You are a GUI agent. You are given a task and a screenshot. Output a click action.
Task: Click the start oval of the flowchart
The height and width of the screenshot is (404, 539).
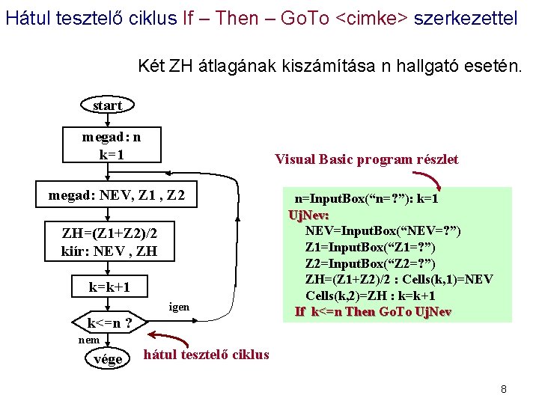[107, 105]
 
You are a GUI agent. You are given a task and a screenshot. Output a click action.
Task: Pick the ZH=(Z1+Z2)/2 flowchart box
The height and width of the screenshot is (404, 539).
[109, 242]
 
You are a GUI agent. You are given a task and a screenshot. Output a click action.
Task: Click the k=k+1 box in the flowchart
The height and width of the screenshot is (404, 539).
[109, 287]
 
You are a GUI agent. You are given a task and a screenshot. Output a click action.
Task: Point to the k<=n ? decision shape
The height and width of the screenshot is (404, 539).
[110, 324]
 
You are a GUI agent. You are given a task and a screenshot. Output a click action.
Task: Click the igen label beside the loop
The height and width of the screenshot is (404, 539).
[179, 307]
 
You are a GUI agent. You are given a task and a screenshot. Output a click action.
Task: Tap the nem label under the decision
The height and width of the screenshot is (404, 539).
[89, 340]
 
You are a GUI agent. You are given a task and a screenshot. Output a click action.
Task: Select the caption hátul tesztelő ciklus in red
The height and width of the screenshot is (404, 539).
[206, 355]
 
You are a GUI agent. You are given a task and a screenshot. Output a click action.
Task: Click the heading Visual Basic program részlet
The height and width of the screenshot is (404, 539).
[366, 159]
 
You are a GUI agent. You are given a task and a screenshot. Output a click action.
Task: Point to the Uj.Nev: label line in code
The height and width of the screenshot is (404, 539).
[308, 215]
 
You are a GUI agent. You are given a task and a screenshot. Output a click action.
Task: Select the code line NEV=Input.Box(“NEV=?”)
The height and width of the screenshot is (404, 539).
[383, 230]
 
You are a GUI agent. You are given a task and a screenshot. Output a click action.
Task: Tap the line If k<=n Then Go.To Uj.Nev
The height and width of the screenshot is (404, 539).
[373, 311]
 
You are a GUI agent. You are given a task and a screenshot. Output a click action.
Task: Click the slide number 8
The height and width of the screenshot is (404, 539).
[504, 389]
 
